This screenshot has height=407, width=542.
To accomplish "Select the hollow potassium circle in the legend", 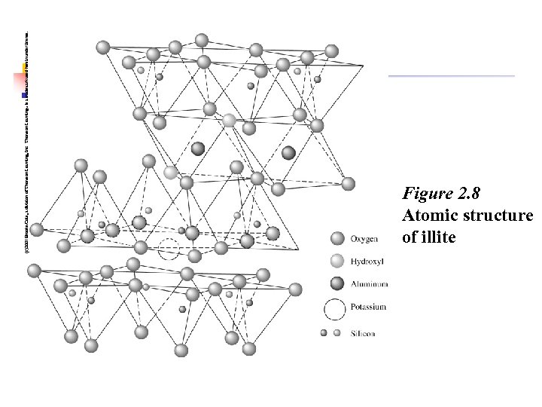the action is pyautogui.click(x=335, y=308).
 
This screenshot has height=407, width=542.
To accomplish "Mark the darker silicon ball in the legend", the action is pyautogui.click(x=324, y=332).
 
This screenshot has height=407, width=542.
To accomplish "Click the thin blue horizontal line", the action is pyautogui.click(x=452, y=76).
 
